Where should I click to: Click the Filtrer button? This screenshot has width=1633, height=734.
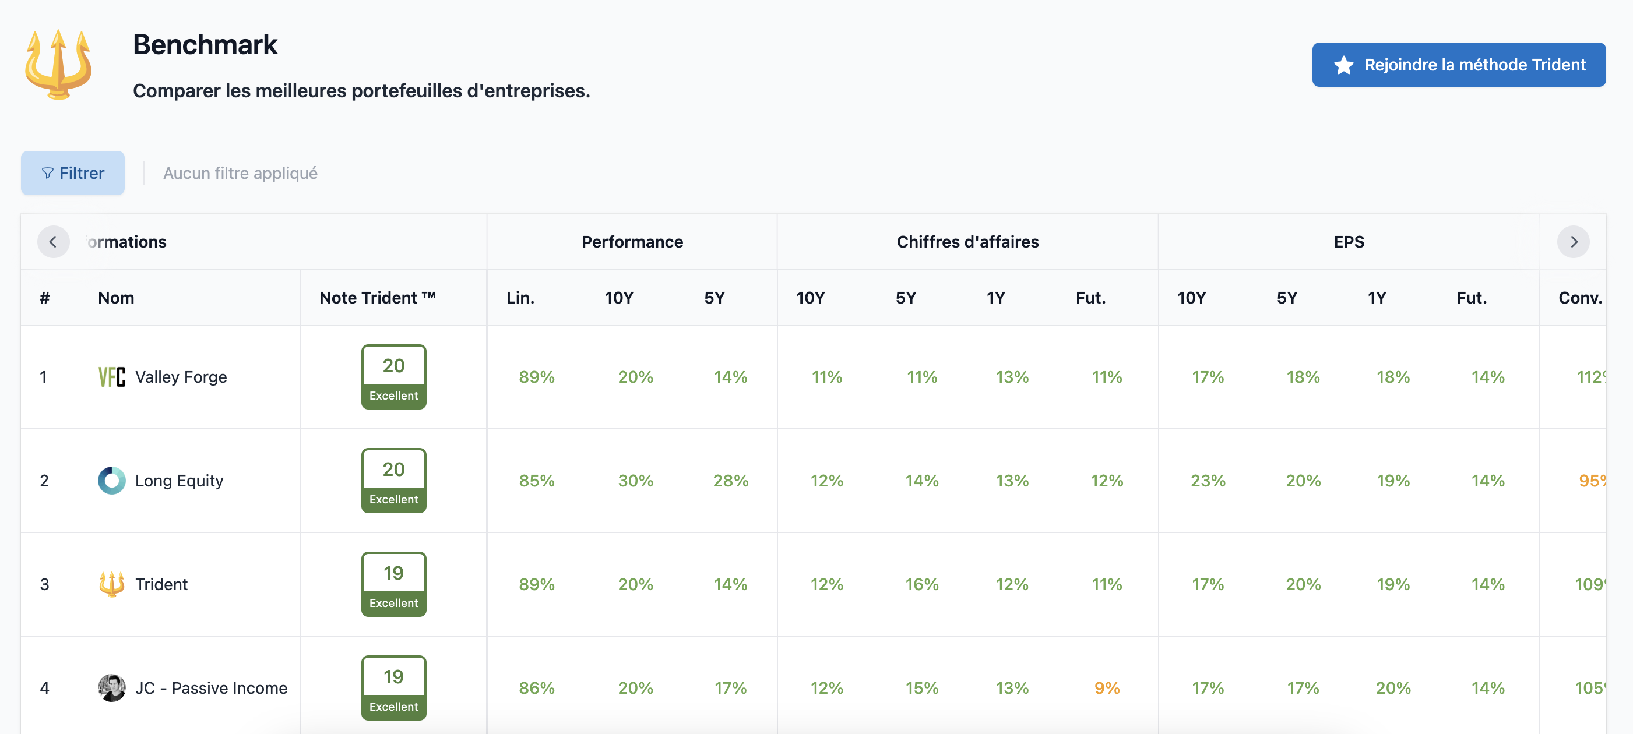point(73,173)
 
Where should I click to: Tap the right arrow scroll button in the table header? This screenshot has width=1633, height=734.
point(1573,242)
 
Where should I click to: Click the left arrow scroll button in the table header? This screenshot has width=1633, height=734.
point(53,242)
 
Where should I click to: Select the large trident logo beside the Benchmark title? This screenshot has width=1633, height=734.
point(58,64)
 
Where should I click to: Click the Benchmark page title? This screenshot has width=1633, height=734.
point(205,45)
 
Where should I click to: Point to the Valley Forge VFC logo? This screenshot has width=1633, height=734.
point(111,377)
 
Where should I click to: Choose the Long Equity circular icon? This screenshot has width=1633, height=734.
point(111,481)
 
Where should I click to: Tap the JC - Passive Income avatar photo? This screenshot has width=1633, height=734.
point(111,688)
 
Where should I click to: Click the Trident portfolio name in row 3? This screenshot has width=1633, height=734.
point(161,584)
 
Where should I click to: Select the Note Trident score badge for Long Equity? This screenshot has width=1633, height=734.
point(393,481)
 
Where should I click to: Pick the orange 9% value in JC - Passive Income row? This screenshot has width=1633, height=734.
point(1107,688)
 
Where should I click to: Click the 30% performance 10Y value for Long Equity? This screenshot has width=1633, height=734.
point(635,481)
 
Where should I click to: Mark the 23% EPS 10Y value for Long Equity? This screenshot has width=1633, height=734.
point(1208,481)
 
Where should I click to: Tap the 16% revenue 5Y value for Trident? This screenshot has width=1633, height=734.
point(922,584)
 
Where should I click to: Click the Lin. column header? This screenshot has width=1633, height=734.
point(520,298)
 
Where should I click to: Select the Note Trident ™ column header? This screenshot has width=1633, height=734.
point(377,298)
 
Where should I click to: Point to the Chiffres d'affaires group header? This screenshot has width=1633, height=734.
point(967,242)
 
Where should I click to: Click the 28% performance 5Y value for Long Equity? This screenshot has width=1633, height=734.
point(730,481)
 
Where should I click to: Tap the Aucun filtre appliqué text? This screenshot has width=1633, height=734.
point(240,173)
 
